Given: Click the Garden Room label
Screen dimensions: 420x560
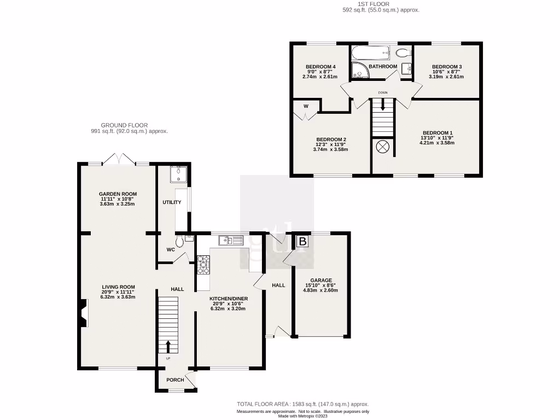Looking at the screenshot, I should tap(118, 194).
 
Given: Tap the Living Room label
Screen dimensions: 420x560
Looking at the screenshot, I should tap(118, 287).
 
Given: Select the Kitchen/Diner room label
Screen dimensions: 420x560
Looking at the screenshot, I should tap(228, 299).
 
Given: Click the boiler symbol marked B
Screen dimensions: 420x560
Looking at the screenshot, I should tap(302, 241).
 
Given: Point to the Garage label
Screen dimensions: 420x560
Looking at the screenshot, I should tap(321, 280).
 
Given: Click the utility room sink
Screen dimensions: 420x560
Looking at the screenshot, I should tap(178, 174).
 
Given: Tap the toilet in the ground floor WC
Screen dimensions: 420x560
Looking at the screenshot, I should tap(179, 241).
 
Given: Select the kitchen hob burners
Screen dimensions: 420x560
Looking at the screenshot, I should tap(203, 265).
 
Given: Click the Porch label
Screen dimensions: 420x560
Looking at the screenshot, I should tap(175, 380).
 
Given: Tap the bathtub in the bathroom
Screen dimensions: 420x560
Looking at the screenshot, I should tap(371, 54).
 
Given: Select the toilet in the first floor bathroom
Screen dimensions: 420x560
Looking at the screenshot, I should tap(402, 53).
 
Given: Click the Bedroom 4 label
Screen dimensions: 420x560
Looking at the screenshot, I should tap(319, 67).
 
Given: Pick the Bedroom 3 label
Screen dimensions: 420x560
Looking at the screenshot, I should tap(446, 67).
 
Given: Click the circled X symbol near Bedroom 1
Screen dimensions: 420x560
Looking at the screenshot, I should tap(382, 147).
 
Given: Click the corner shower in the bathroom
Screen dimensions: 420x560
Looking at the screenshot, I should tap(360, 69).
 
